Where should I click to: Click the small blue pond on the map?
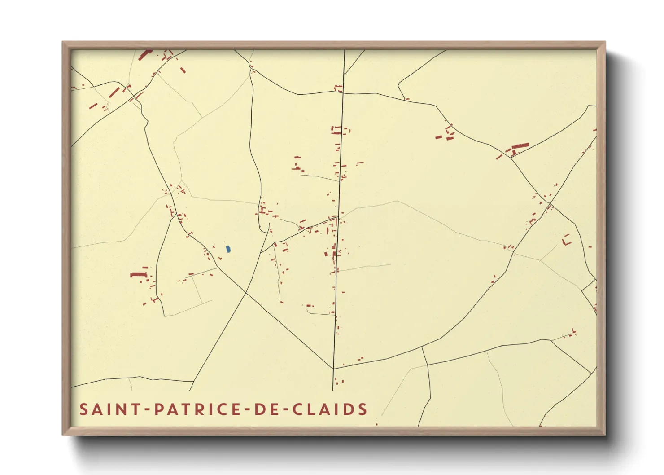(x=228, y=249)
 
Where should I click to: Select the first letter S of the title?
(x=83, y=409)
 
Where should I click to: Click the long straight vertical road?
(x=340, y=180)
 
